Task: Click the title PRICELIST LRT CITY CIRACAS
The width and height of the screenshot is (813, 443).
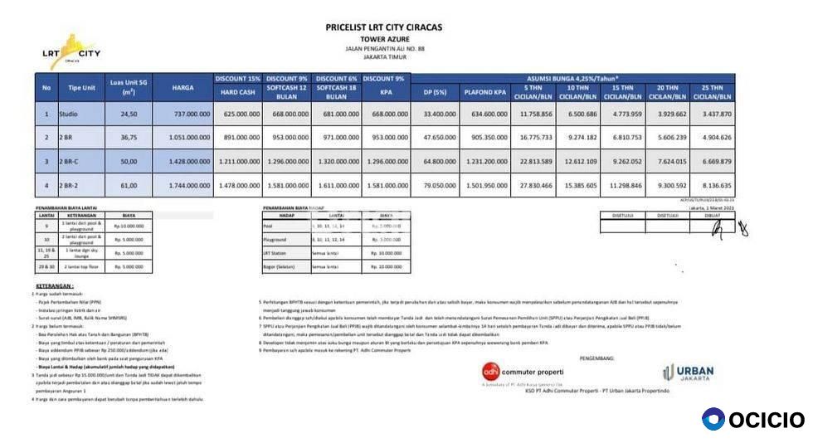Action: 383,27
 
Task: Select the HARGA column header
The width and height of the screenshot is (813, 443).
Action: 183,87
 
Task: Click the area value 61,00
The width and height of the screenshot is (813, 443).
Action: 129,185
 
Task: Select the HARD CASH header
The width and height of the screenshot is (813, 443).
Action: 237,91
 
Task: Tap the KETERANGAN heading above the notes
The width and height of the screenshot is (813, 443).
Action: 54,285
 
